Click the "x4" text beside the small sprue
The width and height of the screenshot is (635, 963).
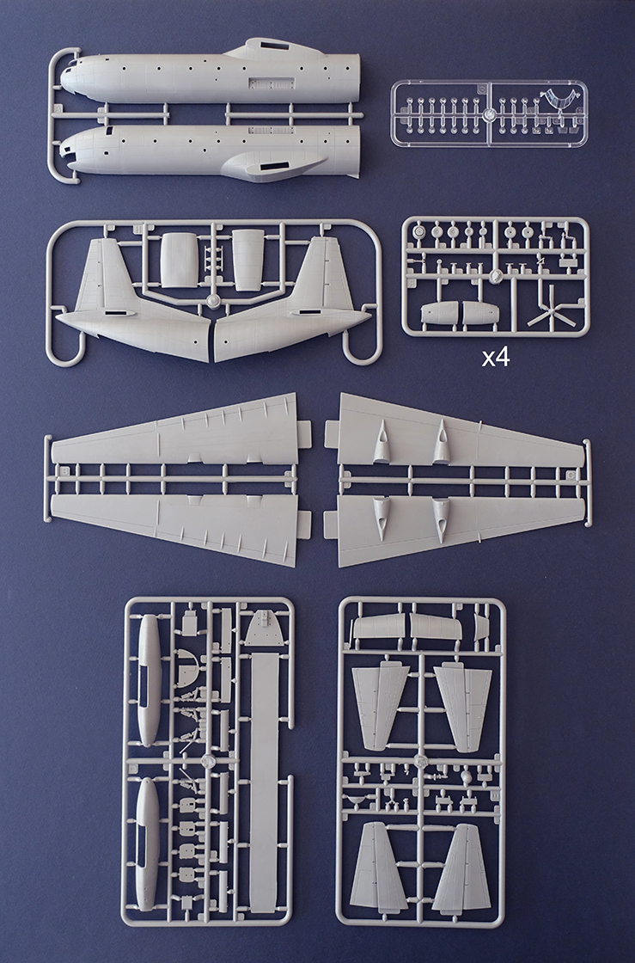[496, 357]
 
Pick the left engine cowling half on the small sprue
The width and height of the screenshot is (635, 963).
[440, 313]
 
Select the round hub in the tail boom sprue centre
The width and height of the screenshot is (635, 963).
[213, 302]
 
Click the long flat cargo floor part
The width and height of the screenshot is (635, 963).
[264, 774]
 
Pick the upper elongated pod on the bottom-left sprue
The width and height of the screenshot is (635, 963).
[149, 678]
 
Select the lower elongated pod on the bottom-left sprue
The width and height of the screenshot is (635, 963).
[148, 843]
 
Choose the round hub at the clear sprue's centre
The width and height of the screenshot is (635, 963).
[487, 113]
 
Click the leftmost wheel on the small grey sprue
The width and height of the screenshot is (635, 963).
[419, 231]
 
